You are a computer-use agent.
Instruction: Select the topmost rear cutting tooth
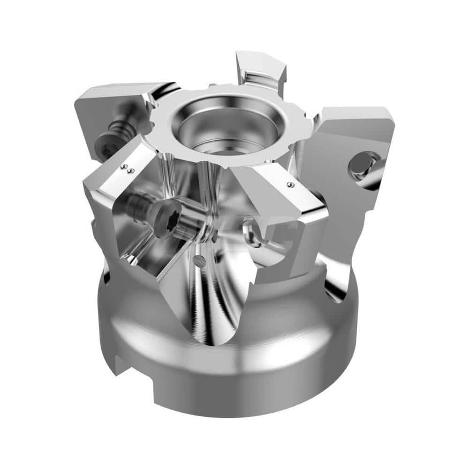[x=260, y=66]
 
